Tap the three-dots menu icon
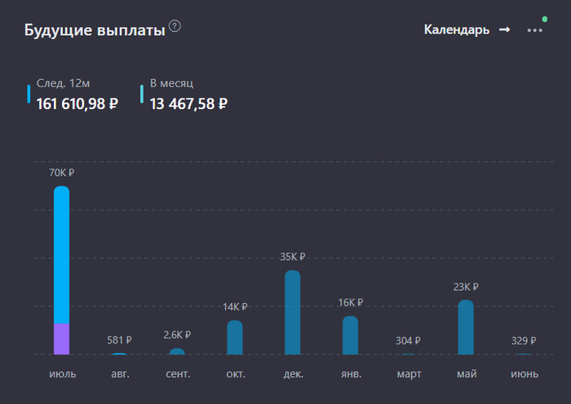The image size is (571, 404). pyautogui.click(x=534, y=30)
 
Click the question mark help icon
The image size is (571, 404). pyautogui.click(x=175, y=26)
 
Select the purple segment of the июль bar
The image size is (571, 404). pyautogui.click(x=61, y=339)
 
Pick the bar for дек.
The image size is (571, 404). pyautogui.click(x=293, y=313)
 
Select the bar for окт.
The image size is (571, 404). pyautogui.click(x=235, y=337)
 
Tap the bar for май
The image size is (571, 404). pyautogui.click(x=466, y=327)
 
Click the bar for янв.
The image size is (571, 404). pyautogui.click(x=350, y=335)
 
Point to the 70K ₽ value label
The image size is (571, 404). pyautogui.click(x=61, y=173)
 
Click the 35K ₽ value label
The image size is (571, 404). pyautogui.click(x=293, y=257)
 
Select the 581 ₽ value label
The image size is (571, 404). pyautogui.click(x=119, y=340)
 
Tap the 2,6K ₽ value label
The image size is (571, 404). pyautogui.click(x=177, y=335)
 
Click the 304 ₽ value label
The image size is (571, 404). pyautogui.click(x=408, y=340)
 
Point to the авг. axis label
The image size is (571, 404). pyautogui.click(x=119, y=374)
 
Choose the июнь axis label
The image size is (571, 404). pyautogui.click(x=524, y=374)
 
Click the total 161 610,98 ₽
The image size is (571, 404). pyautogui.click(x=77, y=103)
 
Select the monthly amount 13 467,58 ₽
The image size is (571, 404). pyautogui.click(x=188, y=103)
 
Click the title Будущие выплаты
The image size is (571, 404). pyautogui.click(x=95, y=31)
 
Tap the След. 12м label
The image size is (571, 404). pyautogui.click(x=63, y=83)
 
